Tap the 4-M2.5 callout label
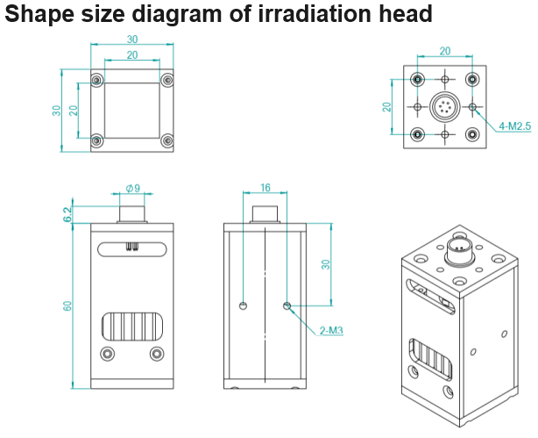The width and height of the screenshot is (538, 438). click(x=514, y=126)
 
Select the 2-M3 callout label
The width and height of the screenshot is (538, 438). click(x=331, y=330)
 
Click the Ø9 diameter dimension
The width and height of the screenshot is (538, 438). click(x=133, y=189)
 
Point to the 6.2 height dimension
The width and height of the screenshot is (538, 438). click(x=67, y=214)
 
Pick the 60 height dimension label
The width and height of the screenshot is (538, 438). click(x=67, y=306)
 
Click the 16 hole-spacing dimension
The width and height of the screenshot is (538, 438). click(x=265, y=187)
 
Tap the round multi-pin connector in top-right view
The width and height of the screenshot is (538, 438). click(x=445, y=107)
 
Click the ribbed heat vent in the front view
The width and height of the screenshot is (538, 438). click(x=132, y=327)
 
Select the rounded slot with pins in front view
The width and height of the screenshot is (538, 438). click(x=132, y=249)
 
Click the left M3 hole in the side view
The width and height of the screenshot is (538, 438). click(x=243, y=305)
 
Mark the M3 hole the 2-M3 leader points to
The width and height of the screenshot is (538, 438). click(x=287, y=305)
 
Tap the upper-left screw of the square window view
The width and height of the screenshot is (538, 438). click(x=97, y=80)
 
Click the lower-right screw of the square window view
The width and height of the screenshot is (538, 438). click(x=167, y=140)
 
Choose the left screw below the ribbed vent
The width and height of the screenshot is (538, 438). click(x=108, y=354)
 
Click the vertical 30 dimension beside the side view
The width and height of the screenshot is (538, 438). click(x=326, y=264)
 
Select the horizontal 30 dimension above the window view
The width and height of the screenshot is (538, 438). click(x=132, y=39)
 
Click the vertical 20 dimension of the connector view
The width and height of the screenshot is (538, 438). click(x=387, y=107)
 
